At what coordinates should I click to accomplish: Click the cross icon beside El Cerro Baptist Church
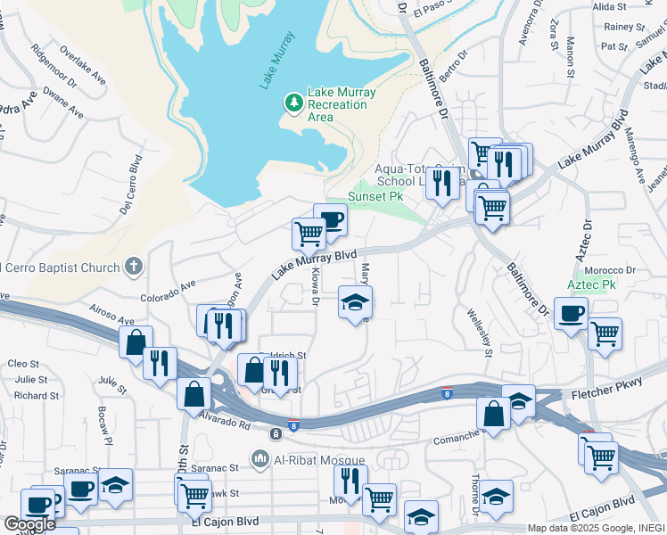click(134, 266)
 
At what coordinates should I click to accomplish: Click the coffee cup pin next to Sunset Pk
click(330, 219)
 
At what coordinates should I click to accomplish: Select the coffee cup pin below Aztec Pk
click(571, 313)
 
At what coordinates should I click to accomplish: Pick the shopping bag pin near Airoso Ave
click(136, 342)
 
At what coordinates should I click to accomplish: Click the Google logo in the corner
click(29, 523)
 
